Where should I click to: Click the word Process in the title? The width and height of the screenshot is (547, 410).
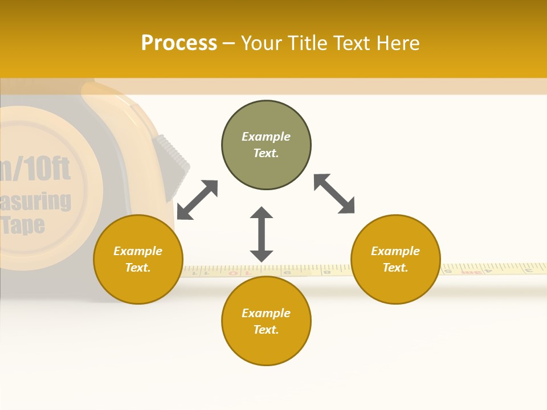pyautogui.click(x=179, y=43)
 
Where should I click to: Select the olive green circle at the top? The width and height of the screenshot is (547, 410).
pyautogui.click(x=266, y=145)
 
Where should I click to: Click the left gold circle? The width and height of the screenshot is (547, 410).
pyautogui.click(x=138, y=259)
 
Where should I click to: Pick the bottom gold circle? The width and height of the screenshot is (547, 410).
pyautogui.click(x=266, y=321)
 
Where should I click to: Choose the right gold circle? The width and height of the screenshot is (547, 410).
pyautogui.click(x=395, y=259)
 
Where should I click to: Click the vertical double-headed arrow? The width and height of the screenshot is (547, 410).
pyautogui.click(x=262, y=234)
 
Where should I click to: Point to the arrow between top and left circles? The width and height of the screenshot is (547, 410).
pyautogui.click(x=197, y=200)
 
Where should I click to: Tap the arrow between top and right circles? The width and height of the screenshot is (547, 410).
pyautogui.click(x=334, y=194)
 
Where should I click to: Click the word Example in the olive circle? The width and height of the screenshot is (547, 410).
pyautogui.click(x=266, y=137)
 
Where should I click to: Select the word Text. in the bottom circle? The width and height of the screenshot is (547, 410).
pyautogui.click(x=266, y=330)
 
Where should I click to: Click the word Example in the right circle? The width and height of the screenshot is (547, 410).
pyautogui.click(x=395, y=251)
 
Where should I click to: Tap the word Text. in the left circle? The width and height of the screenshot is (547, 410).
pyautogui.click(x=138, y=268)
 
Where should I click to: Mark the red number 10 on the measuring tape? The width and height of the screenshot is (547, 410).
pyautogui.click(x=248, y=273)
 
